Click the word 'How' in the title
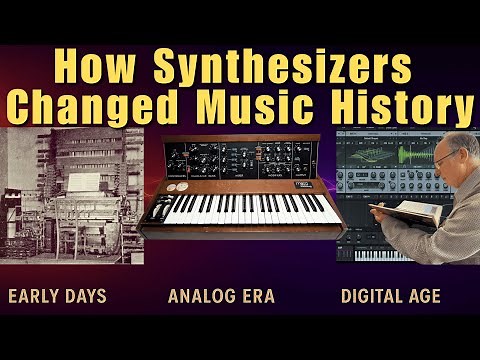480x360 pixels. point(92,66)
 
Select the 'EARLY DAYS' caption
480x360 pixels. point(57,296)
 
